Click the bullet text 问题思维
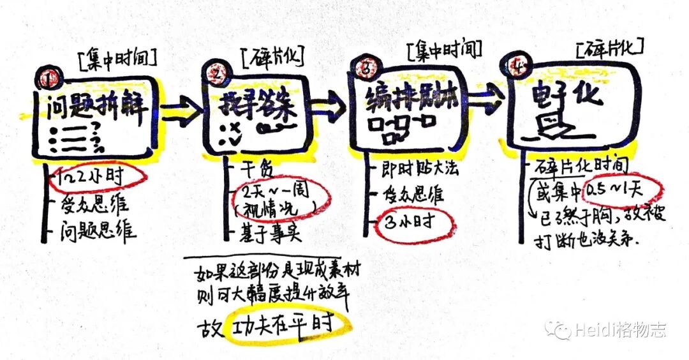point(99,230)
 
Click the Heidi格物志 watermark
point(606,330)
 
